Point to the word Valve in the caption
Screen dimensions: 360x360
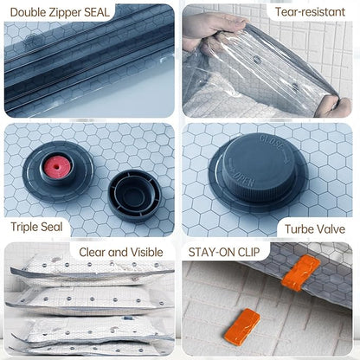pyautogui.click(x=331, y=229)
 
